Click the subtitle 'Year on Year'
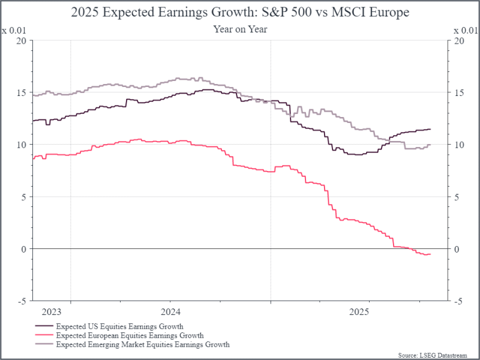point(240,28)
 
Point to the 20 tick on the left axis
point(22,41)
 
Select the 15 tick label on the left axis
point(22,93)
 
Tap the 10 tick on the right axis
point(458,145)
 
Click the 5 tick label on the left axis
point(25,197)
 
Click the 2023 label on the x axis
point(52,312)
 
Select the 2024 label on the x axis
point(170,312)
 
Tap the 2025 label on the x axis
point(359,312)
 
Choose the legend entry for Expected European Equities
point(129,335)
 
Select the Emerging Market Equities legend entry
point(142,345)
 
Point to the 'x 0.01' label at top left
point(14,30)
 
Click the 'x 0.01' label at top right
point(466,30)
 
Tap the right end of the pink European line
point(431,254)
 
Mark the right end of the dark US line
point(431,129)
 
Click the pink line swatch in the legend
point(42,335)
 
